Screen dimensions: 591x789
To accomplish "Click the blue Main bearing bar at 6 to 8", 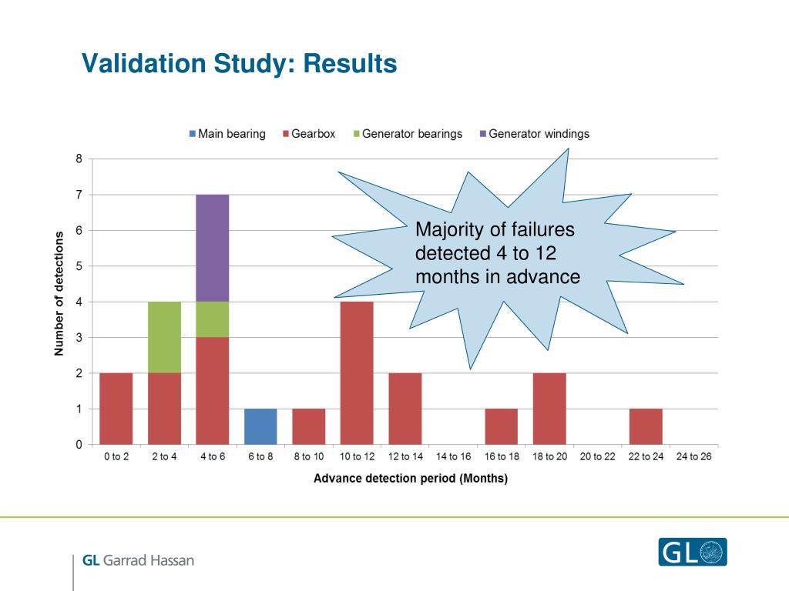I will pos(260,426).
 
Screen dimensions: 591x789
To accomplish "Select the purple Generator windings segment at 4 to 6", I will pos(212,248).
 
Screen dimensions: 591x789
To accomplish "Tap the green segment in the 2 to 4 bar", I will pos(164,337).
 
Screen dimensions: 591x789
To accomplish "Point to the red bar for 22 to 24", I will pos(646,426).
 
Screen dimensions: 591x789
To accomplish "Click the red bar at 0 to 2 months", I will pos(116,409).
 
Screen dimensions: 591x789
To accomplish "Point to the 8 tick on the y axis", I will pos(79,159).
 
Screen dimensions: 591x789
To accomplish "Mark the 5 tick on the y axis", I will pos(79,266).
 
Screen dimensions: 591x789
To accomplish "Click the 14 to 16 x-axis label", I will pos(453,457).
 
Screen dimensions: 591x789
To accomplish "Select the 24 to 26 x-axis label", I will pos(693,457).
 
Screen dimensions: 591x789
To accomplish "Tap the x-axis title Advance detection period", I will pos(410,479).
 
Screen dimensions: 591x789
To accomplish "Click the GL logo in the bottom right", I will pos(692,552).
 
